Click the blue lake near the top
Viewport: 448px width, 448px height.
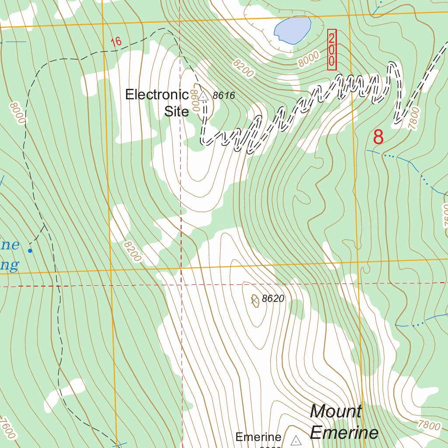pos(292,30)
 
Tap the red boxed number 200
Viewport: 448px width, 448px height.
pos(332,49)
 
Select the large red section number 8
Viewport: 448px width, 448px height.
pos(378,137)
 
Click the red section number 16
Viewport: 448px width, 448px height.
pos(116,42)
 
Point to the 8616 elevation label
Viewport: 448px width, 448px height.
pos(224,95)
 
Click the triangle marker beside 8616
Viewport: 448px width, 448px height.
pos(203,95)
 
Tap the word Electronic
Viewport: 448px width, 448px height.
pos(157,94)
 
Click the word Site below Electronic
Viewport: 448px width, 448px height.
pos(177,111)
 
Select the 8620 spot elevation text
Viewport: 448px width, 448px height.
pos(273,299)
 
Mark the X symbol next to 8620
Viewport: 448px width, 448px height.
pos(254,300)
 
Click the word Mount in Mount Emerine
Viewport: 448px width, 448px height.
pos(336,411)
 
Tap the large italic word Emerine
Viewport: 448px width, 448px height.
pos(344,432)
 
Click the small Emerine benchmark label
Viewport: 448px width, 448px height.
pos(258,437)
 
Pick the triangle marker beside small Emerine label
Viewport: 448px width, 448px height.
pos(296,440)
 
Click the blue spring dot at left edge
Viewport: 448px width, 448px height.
pos(30,251)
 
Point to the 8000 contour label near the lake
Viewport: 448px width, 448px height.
pos(308,59)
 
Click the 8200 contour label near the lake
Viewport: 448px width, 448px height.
pos(243,68)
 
